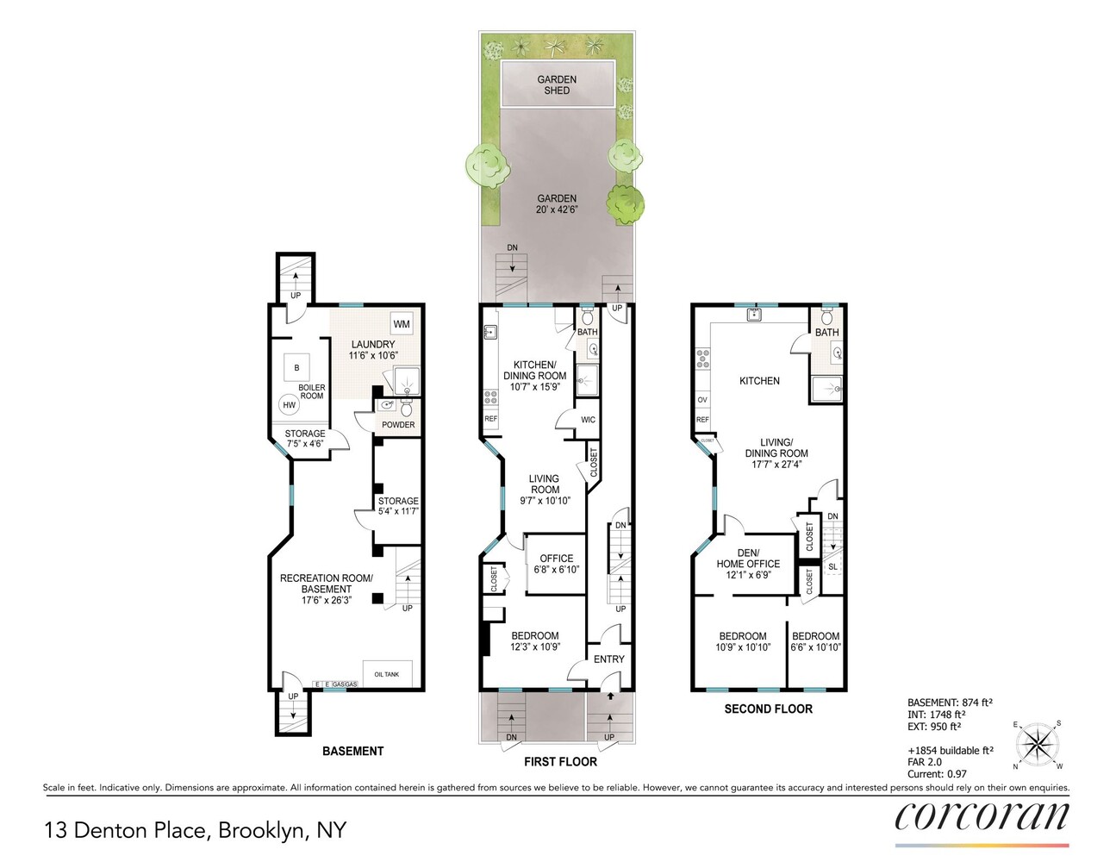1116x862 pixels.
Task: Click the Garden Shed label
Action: pos(557,84)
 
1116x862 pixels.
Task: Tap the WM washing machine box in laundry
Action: pos(402,324)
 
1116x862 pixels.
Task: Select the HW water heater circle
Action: pos(290,405)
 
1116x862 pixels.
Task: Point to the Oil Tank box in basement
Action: pos(387,674)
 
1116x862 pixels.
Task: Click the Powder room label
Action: pos(398,424)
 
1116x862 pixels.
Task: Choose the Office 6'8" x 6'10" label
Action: pos(557,564)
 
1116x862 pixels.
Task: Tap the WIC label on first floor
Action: pos(588,420)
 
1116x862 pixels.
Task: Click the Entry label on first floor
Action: pos(609,659)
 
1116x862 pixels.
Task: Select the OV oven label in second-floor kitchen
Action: pos(702,400)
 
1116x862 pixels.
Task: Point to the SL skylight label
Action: pos(832,567)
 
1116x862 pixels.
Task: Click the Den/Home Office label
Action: pos(748,564)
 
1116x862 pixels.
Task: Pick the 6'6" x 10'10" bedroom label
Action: pos(816,641)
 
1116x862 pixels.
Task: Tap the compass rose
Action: pos(1038,743)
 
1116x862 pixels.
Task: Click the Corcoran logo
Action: pos(982,816)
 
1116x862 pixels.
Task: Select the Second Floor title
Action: pos(768,709)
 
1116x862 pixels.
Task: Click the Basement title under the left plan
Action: pos(352,751)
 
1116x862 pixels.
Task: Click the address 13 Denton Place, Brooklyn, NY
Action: pos(195,830)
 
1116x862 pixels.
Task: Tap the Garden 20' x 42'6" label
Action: pos(557,203)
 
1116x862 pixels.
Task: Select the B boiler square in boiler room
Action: pos(296,368)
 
